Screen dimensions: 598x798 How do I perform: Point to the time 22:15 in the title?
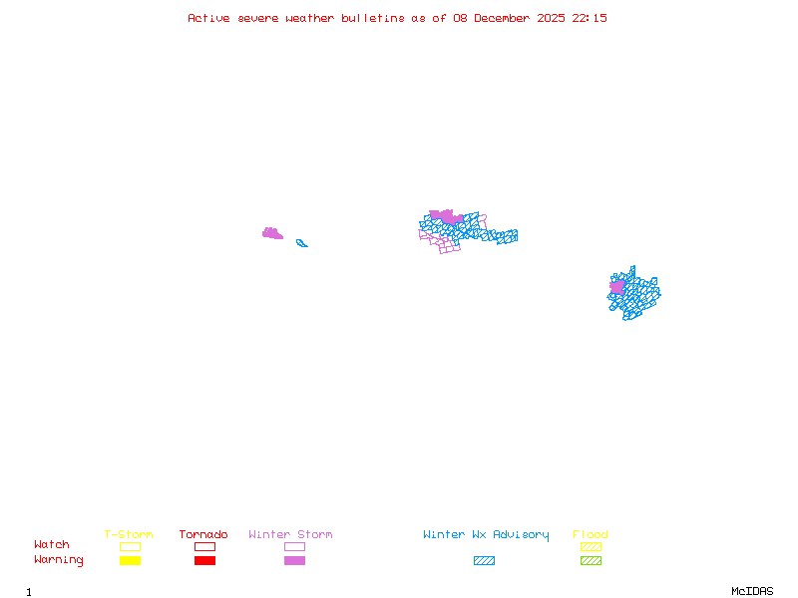coord(590,18)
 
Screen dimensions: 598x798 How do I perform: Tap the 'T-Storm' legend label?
coord(129,535)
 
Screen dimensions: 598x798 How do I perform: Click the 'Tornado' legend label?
coord(203,535)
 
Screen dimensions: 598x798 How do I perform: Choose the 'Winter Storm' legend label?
coord(290,535)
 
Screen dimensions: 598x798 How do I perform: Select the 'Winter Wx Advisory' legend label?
coord(486,535)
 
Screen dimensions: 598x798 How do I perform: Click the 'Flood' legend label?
coord(591,535)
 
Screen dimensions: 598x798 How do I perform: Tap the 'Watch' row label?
coord(52,545)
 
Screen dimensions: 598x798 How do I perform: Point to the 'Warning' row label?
coord(59,560)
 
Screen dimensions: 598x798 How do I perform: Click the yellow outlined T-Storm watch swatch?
coord(130,546)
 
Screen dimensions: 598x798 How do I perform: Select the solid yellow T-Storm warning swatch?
coord(130,561)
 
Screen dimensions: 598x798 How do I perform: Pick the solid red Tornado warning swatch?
coord(204,561)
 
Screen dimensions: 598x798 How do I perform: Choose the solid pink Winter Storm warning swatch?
coord(294,561)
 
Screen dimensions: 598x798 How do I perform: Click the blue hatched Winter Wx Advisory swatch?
coord(484,561)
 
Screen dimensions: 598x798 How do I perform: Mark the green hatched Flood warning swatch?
coord(591,561)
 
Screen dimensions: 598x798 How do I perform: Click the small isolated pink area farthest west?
coord(271,234)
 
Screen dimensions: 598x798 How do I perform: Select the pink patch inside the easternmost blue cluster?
coord(617,287)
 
